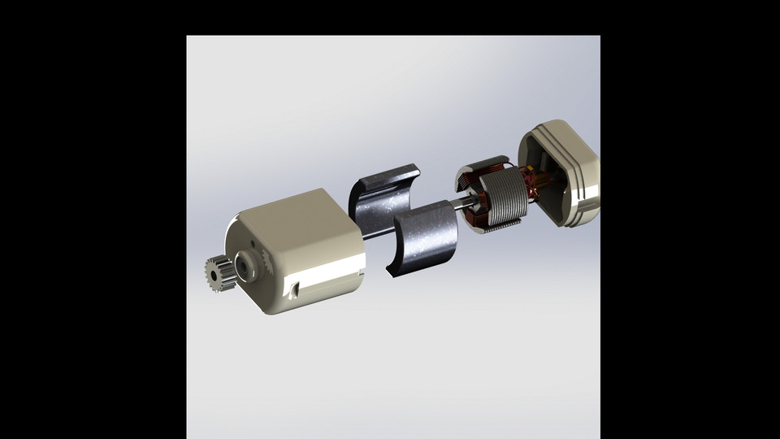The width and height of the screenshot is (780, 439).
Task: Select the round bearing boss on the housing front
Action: [243, 264]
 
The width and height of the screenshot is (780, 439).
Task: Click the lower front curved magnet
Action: [425, 240]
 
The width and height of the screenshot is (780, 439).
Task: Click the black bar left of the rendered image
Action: [93, 219]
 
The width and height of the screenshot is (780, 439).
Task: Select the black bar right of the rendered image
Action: [690, 219]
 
